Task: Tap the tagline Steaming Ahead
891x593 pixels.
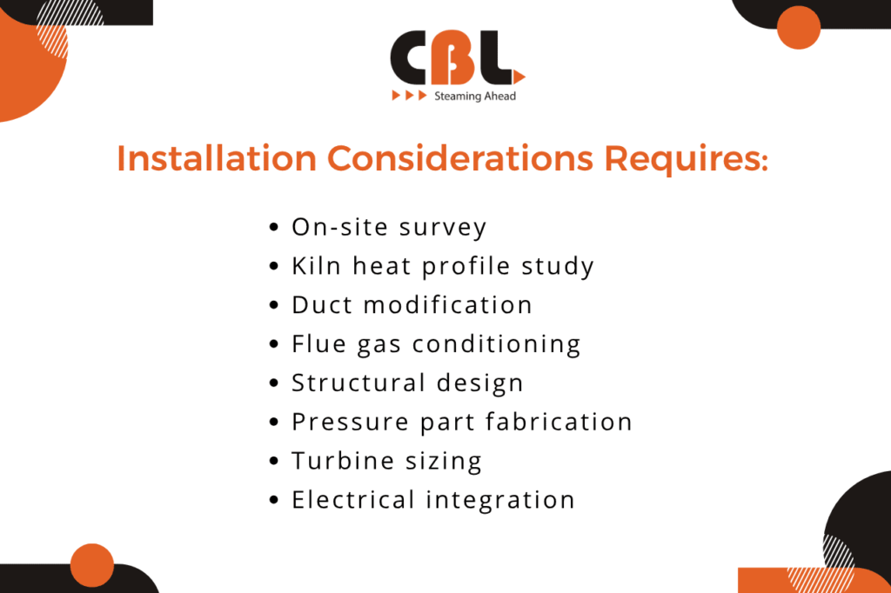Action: (474, 96)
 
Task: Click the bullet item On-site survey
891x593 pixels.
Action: (389, 227)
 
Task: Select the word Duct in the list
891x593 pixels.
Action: (321, 305)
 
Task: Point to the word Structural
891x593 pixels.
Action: (358, 383)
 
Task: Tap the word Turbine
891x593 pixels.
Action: (339, 461)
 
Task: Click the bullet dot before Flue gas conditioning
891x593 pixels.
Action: (274, 345)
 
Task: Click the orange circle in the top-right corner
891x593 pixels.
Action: (798, 27)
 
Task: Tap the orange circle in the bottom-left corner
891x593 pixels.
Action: (92, 565)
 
